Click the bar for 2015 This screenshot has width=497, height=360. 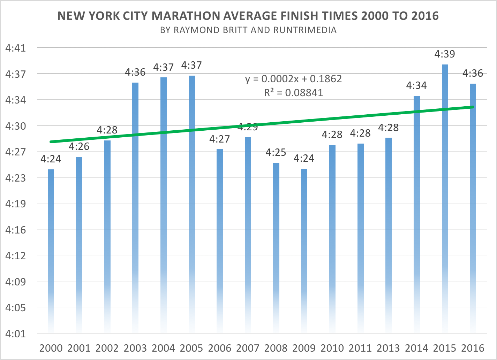coord(445,199)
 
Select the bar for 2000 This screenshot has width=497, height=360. coord(51,251)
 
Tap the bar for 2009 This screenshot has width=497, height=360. coord(304,251)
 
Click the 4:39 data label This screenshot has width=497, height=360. coord(445,54)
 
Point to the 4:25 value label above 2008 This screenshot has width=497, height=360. coord(276,152)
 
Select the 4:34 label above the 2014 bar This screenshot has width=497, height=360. coord(416,85)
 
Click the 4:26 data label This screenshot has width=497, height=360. coord(79,146)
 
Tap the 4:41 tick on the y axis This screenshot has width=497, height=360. coord(16,48)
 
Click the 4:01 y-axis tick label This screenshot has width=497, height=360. coord(16,334)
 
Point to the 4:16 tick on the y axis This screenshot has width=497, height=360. coord(16,230)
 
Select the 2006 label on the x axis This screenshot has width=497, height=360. coord(220,348)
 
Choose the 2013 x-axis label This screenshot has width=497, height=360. coord(388,348)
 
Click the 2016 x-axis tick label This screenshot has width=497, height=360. coord(473,348)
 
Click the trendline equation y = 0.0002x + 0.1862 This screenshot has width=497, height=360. coord(293,79)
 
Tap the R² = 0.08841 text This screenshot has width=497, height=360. coord(293,93)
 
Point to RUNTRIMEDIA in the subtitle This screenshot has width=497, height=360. coord(305,30)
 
